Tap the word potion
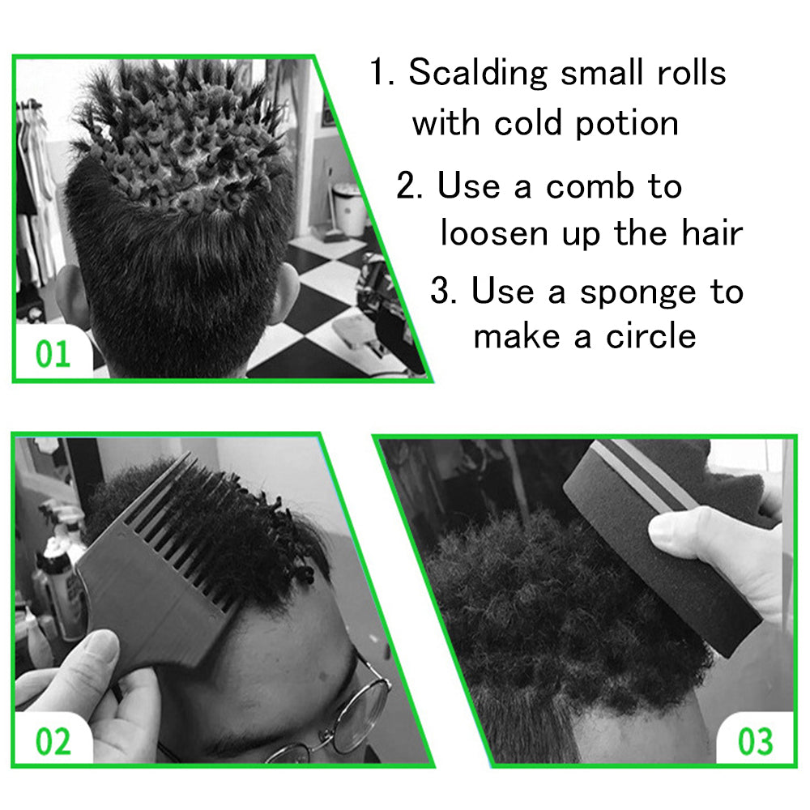[627, 126]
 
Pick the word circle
[650, 336]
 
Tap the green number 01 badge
[53, 355]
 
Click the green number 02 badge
[53, 742]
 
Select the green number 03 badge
[755, 741]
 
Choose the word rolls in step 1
[692, 72]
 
